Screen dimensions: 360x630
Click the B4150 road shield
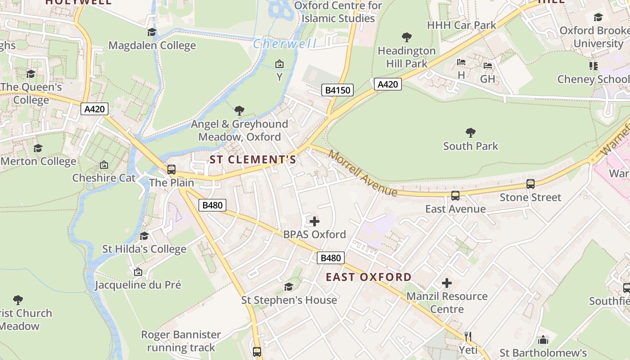337,90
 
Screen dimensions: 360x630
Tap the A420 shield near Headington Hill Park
387,84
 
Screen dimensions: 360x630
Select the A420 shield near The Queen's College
94,109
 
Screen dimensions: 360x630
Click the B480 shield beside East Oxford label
331,258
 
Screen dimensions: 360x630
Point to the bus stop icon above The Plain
171,170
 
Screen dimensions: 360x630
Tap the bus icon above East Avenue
455,196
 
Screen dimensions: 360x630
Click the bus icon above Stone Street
531,184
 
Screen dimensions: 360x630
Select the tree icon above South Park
471,133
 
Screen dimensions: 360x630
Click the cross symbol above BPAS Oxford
315,221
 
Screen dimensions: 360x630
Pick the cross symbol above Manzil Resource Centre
446,283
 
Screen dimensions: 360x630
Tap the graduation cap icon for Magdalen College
152,32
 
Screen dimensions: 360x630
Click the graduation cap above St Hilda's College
144,236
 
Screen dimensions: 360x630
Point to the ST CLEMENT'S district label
253,160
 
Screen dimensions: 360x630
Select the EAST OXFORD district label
369,277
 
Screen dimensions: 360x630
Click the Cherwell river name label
284,44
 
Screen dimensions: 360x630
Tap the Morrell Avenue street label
363,173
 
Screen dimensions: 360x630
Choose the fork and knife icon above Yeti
468,336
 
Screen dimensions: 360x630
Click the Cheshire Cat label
104,178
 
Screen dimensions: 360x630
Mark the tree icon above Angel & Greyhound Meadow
239,111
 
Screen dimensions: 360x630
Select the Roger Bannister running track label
181,341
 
